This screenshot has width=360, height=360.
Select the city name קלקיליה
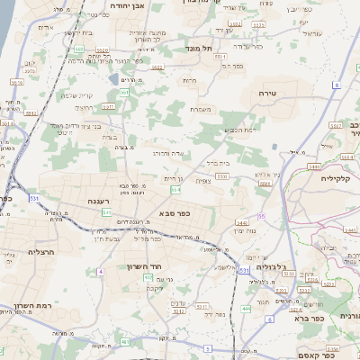[x=334, y=179]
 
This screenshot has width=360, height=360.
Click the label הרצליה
[x=41, y=252]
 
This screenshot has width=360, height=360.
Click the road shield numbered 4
[x=102, y=271]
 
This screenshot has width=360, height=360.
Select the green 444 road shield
[x=246, y=309]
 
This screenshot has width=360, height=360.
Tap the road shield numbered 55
[x=262, y=217]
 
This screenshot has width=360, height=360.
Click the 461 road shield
[x=125, y=342]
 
